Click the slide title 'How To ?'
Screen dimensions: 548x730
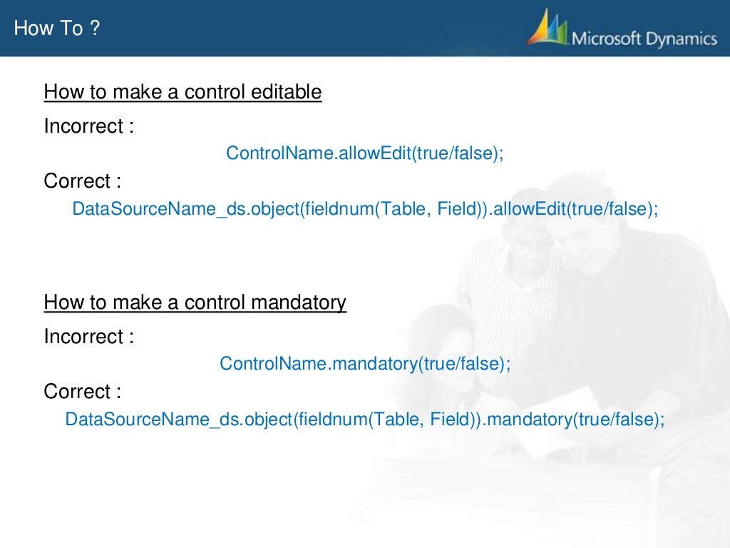click(x=57, y=29)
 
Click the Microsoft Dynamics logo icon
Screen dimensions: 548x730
click(x=549, y=29)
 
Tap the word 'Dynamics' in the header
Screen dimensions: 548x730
click(x=681, y=38)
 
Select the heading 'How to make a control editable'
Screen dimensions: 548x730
click(x=182, y=92)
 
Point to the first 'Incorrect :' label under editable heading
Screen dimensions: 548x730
click(x=89, y=126)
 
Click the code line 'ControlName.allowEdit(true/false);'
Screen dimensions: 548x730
click(x=364, y=153)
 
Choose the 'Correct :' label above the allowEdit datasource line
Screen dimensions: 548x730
click(x=82, y=181)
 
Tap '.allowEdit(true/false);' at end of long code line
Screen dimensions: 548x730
click(x=572, y=209)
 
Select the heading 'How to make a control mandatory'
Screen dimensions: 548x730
click(x=195, y=303)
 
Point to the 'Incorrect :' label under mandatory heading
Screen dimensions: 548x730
click(x=89, y=336)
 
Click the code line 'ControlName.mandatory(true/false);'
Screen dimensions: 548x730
click(x=365, y=363)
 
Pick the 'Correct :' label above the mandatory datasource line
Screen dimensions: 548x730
click(x=82, y=392)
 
